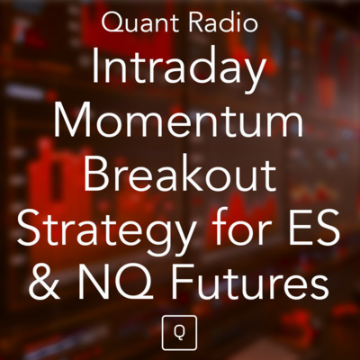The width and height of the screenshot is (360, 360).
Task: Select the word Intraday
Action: (x=180, y=69)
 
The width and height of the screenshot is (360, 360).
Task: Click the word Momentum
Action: (x=180, y=121)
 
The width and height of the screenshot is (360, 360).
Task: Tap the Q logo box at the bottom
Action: (x=180, y=332)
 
